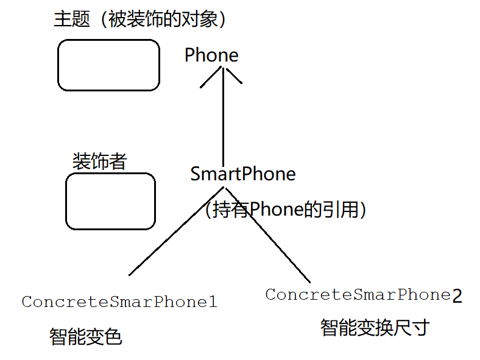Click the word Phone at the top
211,55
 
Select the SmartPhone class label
243,174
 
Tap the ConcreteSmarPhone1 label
119,302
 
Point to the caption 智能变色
86,336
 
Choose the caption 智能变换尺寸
375,328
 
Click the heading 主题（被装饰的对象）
141,19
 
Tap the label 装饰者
100,161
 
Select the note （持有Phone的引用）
286,210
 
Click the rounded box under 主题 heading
108,65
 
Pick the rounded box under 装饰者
110,201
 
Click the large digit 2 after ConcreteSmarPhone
457,297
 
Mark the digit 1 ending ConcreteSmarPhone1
213,302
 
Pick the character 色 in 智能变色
113,336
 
